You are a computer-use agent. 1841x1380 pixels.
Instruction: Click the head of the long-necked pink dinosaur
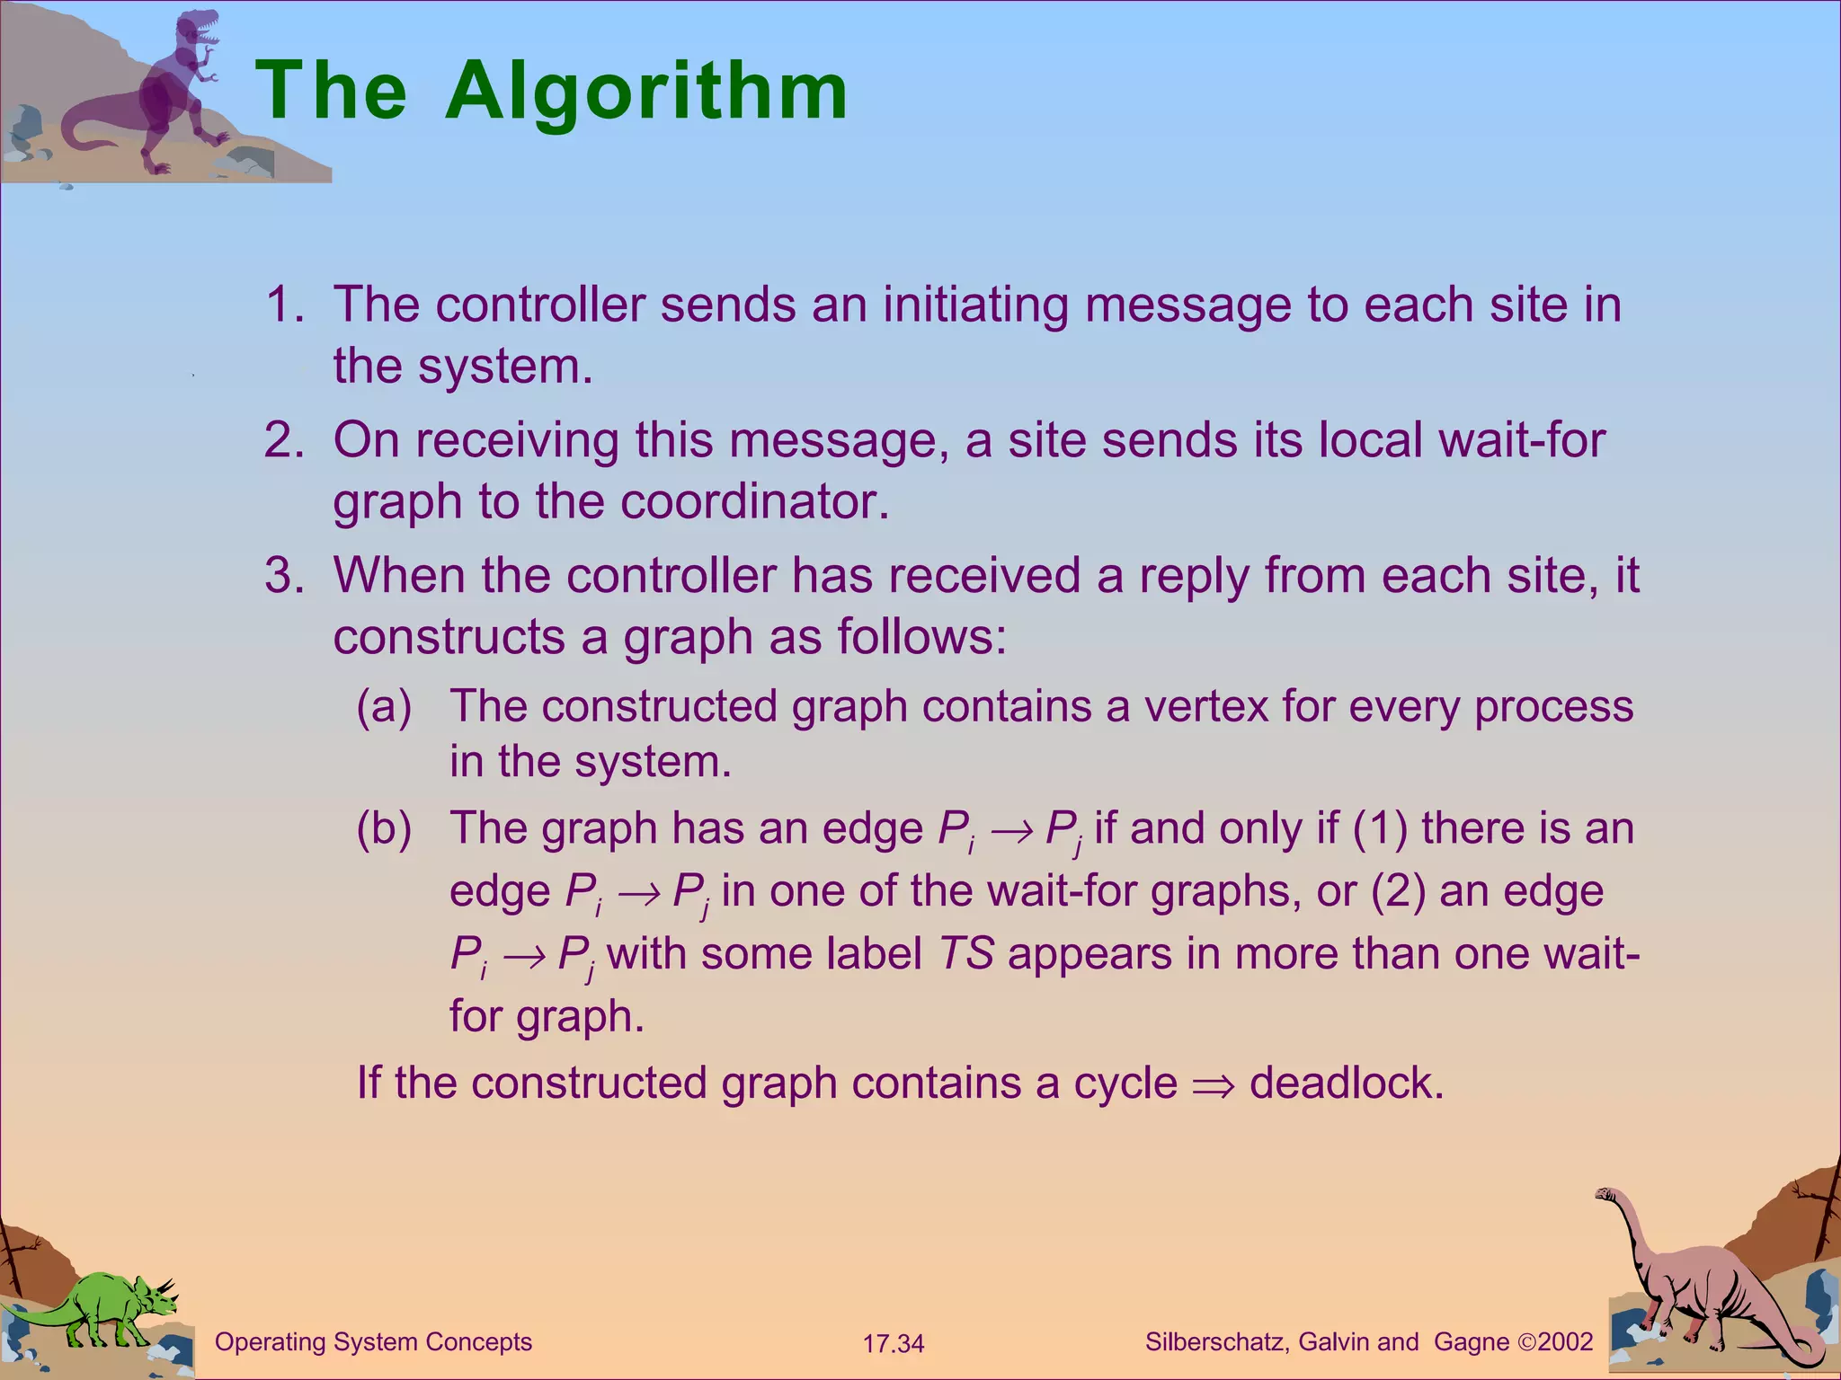click(x=1605, y=1195)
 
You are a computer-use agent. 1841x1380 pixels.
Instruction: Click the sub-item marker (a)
click(x=384, y=706)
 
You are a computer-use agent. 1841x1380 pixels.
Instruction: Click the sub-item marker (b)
click(x=384, y=828)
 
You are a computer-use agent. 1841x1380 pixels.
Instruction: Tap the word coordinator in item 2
click(x=754, y=501)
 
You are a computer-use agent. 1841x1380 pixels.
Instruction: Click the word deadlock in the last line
click(x=1346, y=1084)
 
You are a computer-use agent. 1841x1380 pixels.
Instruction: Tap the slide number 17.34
click(x=893, y=1344)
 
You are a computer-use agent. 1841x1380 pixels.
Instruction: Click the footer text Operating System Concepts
click(x=373, y=1342)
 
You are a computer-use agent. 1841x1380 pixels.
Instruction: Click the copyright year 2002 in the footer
click(x=1565, y=1342)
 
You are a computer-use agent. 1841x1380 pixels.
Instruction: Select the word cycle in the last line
click(x=1125, y=1084)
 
